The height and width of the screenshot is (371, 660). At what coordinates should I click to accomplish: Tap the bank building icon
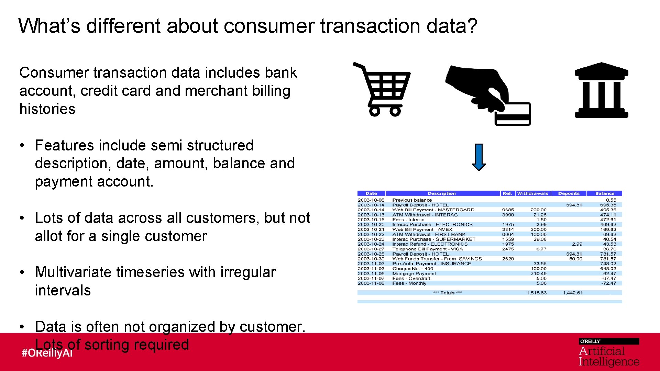[x=601, y=91]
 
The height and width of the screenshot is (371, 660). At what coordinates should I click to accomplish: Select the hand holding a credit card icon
[x=488, y=94]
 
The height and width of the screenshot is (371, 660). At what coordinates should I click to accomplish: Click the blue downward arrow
[x=479, y=157]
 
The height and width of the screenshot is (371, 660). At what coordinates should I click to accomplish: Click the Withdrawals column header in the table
[x=532, y=193]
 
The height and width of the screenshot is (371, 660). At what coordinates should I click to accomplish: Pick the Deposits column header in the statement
[x=569, y=193]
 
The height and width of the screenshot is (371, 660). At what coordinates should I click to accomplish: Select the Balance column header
[x=605, y=193]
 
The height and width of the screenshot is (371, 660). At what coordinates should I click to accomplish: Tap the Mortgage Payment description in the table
[x=414, y=274]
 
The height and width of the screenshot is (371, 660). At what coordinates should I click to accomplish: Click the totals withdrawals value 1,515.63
[x=536, y=293]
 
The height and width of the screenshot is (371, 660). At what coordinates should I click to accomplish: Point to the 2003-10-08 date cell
[x=371, y=200]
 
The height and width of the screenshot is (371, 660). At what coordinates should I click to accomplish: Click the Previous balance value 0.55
[x=611, y=200]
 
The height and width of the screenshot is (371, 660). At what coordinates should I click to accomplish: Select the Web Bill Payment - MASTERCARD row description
[x=433, y=210]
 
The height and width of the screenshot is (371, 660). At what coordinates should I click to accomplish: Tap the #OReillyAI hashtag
[x=47, y=353]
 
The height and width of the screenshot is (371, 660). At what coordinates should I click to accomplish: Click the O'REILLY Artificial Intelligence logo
[x=608, y=352]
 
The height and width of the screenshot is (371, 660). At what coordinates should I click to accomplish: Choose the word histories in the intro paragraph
[x=47, y=109]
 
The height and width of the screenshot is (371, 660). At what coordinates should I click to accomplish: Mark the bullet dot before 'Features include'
[x=22, y=146]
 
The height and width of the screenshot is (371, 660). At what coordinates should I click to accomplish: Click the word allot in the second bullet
[x=48, y=236]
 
